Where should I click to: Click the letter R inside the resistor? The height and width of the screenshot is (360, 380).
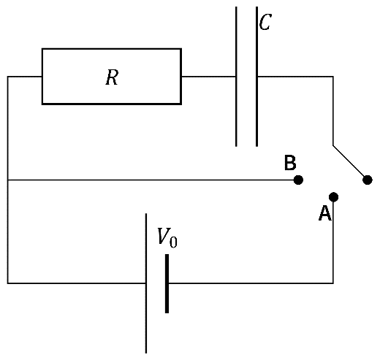click(x=112, y=77)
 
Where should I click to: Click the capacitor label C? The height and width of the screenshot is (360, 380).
click(x=265, y=22)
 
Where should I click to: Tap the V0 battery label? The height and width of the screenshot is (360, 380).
click(x=167, y=237)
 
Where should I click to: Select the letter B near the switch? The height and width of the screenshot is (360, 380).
click(x=290, y=162)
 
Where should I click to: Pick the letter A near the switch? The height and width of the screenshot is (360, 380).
click(x=325, y=213)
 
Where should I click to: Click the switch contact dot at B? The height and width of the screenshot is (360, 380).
click(x=298, y=180)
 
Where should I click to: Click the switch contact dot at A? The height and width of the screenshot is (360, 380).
click(x=333, y=196)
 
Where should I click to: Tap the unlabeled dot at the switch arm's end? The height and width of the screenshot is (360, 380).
click(x=368, y=180)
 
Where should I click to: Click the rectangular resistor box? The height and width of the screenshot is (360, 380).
click(x=112, y=49)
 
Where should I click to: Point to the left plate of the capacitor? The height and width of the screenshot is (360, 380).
click(x=236, y=77)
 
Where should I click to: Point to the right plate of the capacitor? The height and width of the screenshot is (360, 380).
click(x=256, y=77)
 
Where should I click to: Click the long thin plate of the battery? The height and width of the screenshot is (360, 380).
click(x=146, y=283)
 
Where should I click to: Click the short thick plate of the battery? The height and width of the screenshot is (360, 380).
click(x=167, y=283)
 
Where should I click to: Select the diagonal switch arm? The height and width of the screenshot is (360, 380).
click(x=350, y=163)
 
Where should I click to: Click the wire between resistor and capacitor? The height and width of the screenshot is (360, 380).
click(x=208, y=77)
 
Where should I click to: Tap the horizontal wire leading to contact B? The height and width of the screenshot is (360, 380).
click(x=153, y=180)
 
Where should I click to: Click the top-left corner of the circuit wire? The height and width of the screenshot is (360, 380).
click(x=8, y=77)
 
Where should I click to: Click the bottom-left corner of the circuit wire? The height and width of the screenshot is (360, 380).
click(x=8, y=283)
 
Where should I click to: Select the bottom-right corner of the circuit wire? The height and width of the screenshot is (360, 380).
click(x=333, y=283)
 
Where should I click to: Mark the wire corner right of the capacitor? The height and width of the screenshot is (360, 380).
click(x=333, y=77)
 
